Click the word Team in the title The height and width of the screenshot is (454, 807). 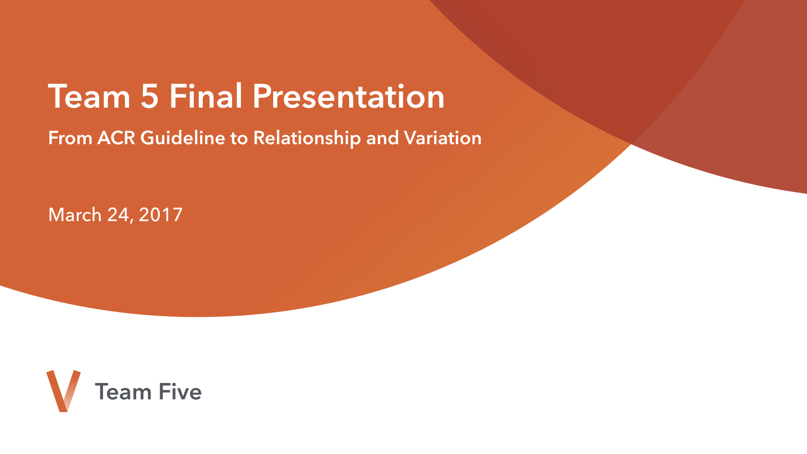(x=90, y=96)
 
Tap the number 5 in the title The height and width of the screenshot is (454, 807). (x=150, y=97)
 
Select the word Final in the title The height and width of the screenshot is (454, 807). (x=206, y=95)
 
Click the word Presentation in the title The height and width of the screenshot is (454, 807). (x=348, y=96)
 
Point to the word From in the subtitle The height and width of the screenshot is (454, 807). (x=70, y=138)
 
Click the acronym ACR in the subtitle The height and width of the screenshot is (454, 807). (x=116, y=138)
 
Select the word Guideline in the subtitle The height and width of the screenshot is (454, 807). (x=183, y=137)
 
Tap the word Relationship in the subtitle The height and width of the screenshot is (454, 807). (x=307, y=138)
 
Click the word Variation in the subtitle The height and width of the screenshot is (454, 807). (x=443, y=138)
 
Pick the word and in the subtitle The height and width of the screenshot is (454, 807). (x=382, y=137)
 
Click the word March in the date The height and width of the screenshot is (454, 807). (x=75, y=214)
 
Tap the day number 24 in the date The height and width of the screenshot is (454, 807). (x=118, y=214)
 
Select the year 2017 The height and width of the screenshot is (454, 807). (x=161, y=214)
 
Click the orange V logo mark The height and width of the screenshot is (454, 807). (x=63, y=391)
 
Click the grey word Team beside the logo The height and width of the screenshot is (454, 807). (x=123, y=392)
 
